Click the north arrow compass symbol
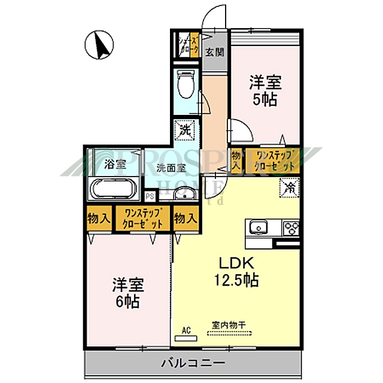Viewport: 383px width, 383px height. (x=99, y=45)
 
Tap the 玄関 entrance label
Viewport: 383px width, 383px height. (x=215, y=51)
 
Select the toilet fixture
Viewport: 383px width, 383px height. (x=186, y=85)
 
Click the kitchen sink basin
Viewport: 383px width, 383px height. (x=259, y=227)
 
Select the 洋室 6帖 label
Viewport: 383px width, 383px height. (x=127, y=291)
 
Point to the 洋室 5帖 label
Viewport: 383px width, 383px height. (x=264, y=92)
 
